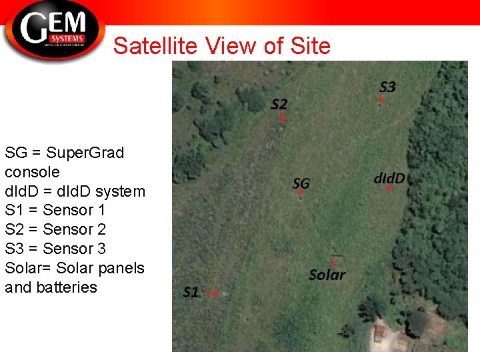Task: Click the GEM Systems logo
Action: click(x=53, y=30)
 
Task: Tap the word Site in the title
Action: click(x=311, y=46)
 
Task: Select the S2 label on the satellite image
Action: click(x=279, y=104)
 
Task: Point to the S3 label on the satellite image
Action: click(x=387, y=87)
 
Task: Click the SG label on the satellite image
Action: click(x=301, y=183)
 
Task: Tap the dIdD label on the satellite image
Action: click(x=389, y=178)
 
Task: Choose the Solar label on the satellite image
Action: click(x=327, y=275)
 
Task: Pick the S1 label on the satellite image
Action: click(x=191, y=292)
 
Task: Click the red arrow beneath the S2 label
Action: click(x=283, y=117)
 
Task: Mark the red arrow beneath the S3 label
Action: click(x=381, y=99)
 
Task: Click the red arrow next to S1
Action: click(x=213, y=293)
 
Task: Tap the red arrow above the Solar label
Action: click(x=333, y=263)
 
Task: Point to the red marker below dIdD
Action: click(x=389, y=189)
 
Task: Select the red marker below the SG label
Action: click(x=300, y=192)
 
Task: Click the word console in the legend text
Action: click(x=32, y=172)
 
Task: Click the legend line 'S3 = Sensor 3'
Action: click(x=55, y=249)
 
